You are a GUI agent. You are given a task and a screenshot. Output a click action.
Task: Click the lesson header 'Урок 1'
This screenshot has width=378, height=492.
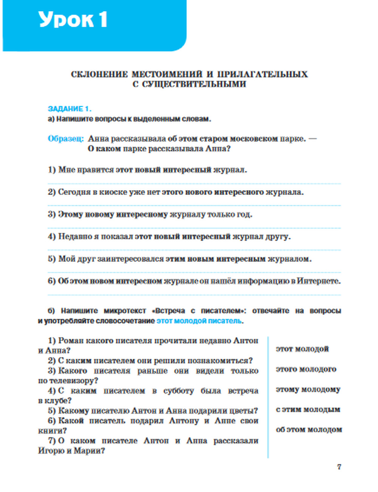(73, 19)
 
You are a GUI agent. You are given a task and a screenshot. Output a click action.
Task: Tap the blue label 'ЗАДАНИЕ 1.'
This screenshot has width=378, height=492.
(70, 109)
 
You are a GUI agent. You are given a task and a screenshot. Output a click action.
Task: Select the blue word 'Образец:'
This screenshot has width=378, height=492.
(66, 139)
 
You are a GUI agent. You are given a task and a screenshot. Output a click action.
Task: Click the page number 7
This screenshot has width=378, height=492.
(339, 467)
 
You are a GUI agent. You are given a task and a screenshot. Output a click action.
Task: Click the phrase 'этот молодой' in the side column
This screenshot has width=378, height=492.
(302, 349)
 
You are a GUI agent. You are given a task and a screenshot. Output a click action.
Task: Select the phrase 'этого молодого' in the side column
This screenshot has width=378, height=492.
(306, 369)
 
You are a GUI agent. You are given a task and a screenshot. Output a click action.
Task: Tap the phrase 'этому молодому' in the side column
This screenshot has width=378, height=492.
(308, 389)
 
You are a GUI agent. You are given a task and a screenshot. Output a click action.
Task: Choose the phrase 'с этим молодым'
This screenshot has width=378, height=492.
(308, 409)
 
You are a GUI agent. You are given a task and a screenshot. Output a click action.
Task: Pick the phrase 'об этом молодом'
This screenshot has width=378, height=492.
(309, 430)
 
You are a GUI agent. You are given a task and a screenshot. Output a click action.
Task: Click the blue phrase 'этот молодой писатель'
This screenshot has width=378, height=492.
(199, 321)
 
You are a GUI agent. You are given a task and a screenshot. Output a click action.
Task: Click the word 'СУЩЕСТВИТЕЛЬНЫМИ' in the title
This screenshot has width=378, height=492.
(189, 84)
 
